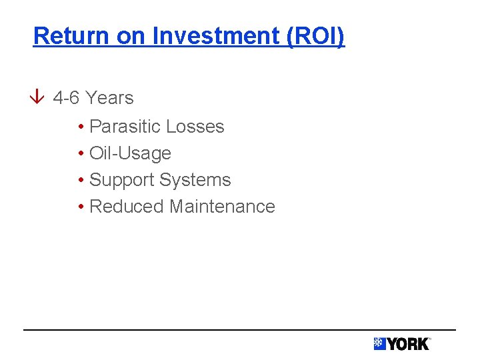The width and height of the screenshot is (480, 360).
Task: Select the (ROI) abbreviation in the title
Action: point(315,36)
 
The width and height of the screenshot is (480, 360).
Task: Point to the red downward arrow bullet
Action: point(39,98)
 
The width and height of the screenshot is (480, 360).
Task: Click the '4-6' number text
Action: point(66,98)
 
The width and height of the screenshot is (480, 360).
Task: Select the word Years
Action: point(109,98)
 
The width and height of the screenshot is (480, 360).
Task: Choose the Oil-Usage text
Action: point(130,153)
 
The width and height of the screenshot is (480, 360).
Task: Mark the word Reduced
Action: point(127,207)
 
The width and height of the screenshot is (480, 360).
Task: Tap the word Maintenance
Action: point(222,207)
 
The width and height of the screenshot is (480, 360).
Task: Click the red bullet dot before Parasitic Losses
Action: point(80,127)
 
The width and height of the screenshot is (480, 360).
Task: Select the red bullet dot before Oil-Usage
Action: point(80,154)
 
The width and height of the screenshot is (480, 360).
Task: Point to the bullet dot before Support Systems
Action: point(80,181)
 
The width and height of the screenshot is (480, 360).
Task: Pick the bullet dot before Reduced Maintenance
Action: point(80,207)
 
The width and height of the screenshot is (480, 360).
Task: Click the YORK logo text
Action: point(408,344)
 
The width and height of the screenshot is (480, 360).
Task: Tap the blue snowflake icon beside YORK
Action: point(379,344)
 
